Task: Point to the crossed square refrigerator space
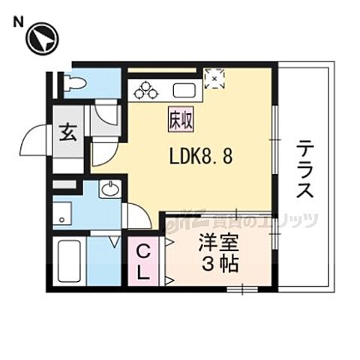coord(214,76)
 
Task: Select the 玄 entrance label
coord(67,135)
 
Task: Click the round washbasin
coord(110,188)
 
